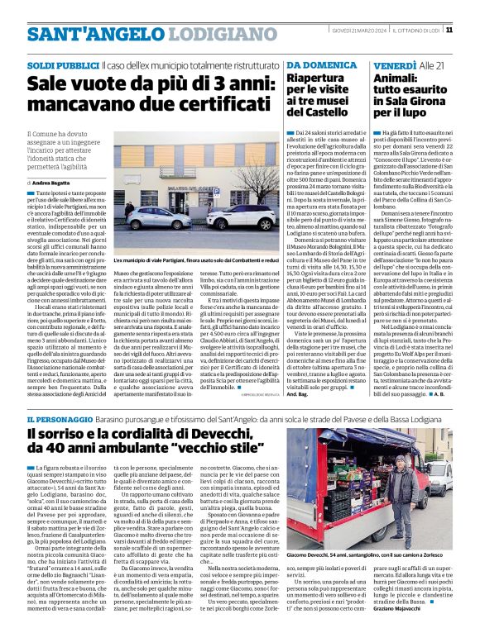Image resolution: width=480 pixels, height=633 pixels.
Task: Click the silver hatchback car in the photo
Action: pos(155,218)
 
